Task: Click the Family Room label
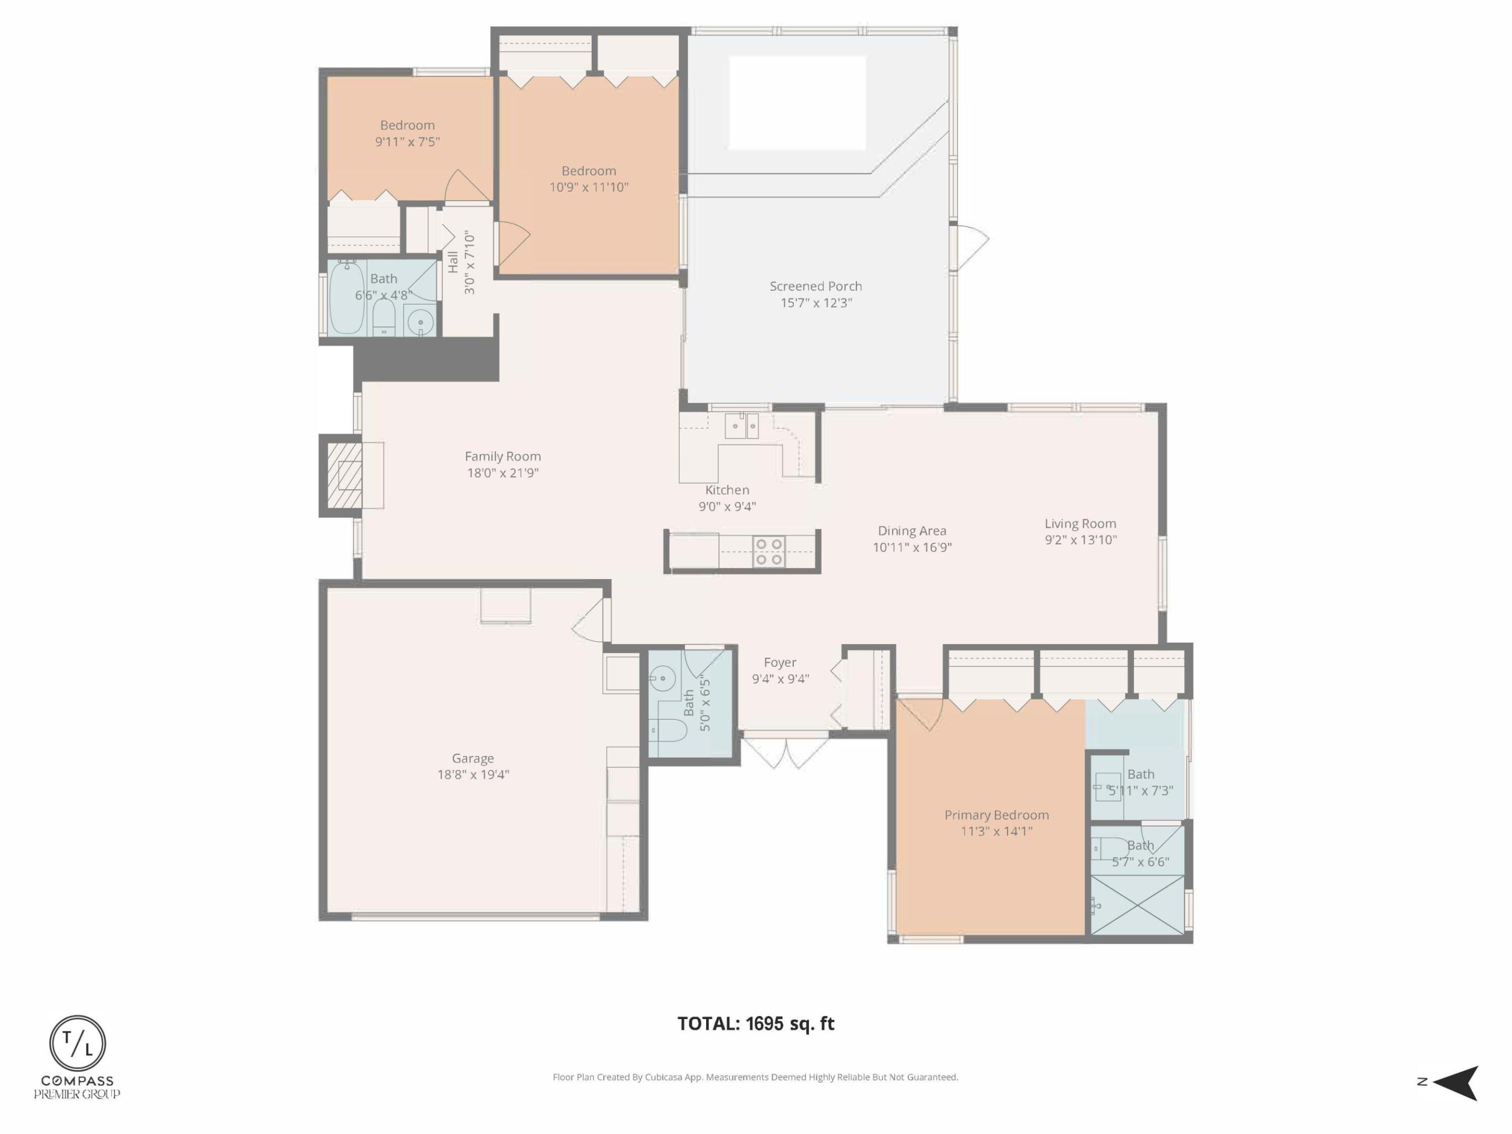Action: click(x=502, y=456)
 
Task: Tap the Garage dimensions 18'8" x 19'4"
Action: click(x=473, y=774)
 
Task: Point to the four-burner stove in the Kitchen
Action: click(x=768, y=552)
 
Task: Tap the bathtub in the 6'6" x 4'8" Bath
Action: click(x=346, y=299)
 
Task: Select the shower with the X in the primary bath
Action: click(x=1138, y=905)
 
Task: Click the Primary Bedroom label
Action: click(x=996, y=815)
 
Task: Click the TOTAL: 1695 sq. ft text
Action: click(x=755, y=1023)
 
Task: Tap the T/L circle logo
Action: click(x=77, y=1044)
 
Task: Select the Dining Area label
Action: click(x=912, y=530)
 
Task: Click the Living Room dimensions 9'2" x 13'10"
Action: click(x=1080, y=540)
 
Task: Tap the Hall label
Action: click(x=453, y=262)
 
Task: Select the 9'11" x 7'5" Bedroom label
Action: click(x=407, y=125)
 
